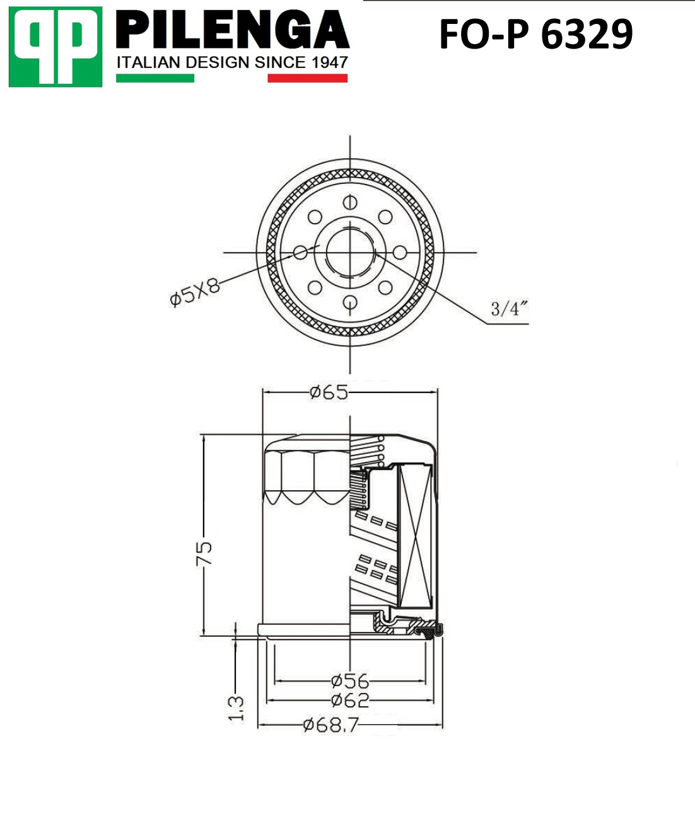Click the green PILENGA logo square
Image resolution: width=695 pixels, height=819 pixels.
(x=55, y=47)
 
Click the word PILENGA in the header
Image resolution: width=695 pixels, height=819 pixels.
(x=233, y=30)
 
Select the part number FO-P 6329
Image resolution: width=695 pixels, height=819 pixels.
(x=536, y=35)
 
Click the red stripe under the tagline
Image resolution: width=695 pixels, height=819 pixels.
(x=307, y=78)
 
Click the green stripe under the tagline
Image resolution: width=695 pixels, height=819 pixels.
(x=155, y=78)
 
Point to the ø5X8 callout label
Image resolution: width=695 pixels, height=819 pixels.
(x=194, y=292)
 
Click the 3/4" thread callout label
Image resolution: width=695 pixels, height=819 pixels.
(x=510, y=309)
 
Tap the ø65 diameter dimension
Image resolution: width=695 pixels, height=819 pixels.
(x=329, y=392)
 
